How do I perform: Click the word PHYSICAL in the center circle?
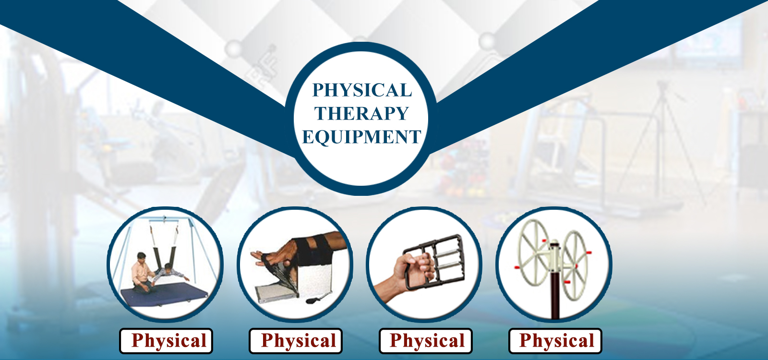tap(362, 90)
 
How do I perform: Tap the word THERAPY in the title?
tap(362, 113)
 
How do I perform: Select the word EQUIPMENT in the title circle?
tap(362, 137)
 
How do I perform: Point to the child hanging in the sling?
tap(170, 273)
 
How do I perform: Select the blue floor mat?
tap(164, 297)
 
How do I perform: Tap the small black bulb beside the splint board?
tap(314, 300)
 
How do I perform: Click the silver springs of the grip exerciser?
tap(448, 261)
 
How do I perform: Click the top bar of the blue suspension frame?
tap(165, 217)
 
